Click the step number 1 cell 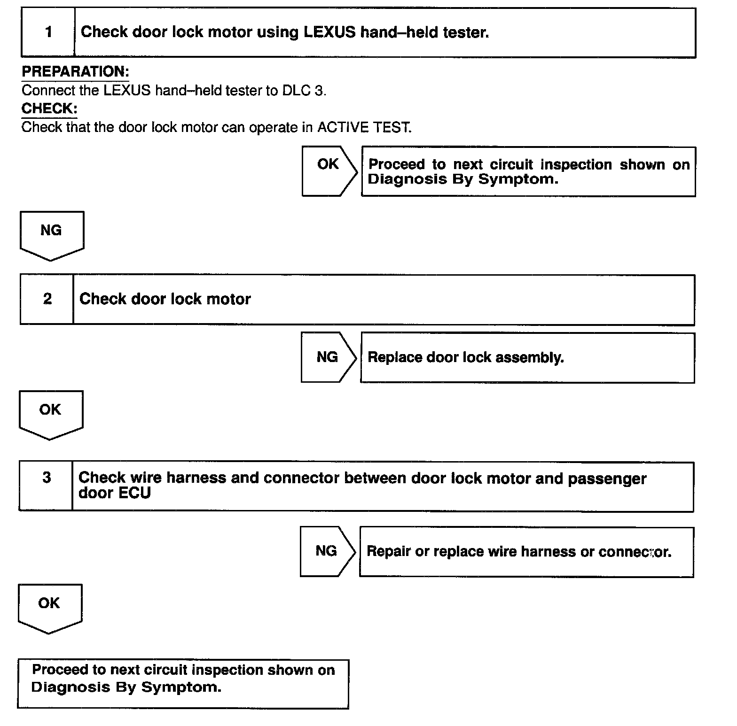tap(48, 32)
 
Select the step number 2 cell tap(47, 299)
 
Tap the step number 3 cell tap(46, 486)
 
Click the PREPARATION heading tap(75, 72)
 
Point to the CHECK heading tap(49, 108)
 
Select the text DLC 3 tap(304, 90)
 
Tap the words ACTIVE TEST tap(364, 127)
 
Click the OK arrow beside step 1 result tap(329, 171)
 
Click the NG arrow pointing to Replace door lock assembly tap(328, 357)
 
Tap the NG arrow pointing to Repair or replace tap(327, 551)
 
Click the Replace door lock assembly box tap(527, 358)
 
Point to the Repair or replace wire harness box tap(526, 552)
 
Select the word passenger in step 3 tap(607, 479)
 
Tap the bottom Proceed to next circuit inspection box tap(183, 683)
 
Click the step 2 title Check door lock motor tap(165, 299)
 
